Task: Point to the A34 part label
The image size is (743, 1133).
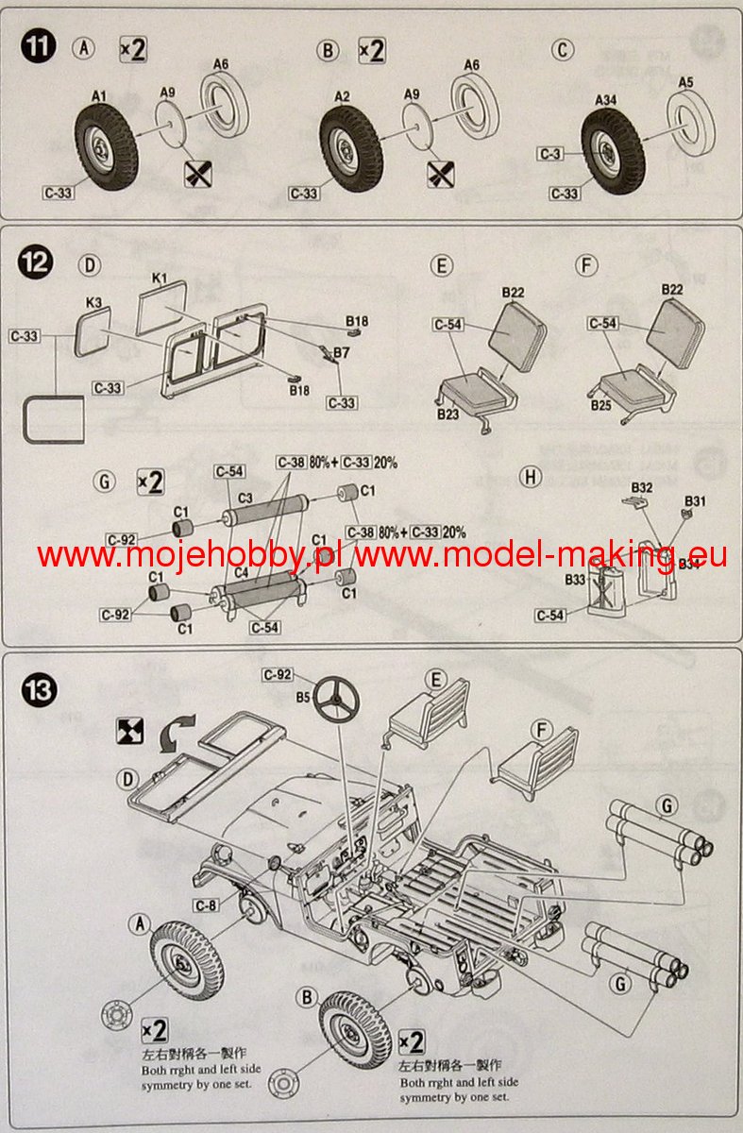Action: pos(605,99)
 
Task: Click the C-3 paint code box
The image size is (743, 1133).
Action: pos(550,153)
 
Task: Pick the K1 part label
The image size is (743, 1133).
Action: pos(159,279)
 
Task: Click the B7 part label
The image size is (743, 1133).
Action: pos(341,352)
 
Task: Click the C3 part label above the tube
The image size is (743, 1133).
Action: pos(244,497)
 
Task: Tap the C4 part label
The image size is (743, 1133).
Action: pos(242,571)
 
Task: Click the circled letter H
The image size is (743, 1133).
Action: pos(532,477)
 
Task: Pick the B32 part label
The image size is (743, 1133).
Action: pos(642,487)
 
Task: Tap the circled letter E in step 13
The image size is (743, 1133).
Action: pos(435,679)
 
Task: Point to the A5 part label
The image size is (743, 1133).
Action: pos(686,82)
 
